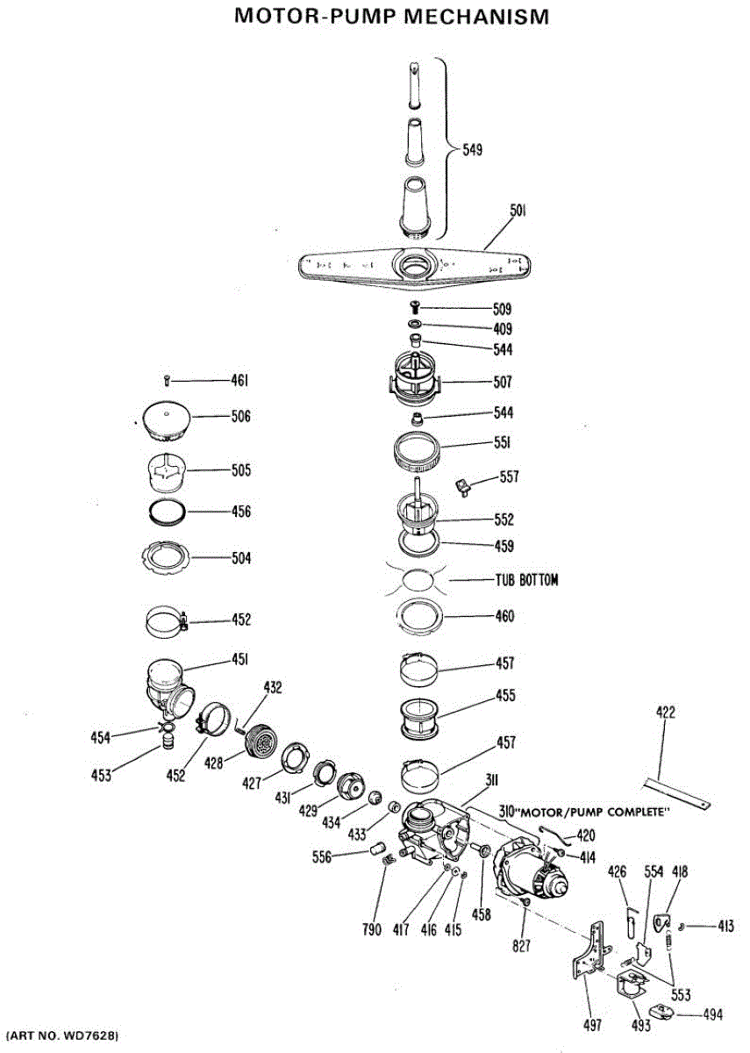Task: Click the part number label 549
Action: (x=473, y=150)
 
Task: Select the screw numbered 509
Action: (x=417, y=307)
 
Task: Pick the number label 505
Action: (x=240, y=470)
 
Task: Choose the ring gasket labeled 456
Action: (x=167, y=511)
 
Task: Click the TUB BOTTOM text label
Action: (x=526, y=580)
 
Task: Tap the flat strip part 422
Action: (x=676, y=791)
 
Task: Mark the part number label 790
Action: (x=372, y=930)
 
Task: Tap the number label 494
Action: (x=712, y=1014)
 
